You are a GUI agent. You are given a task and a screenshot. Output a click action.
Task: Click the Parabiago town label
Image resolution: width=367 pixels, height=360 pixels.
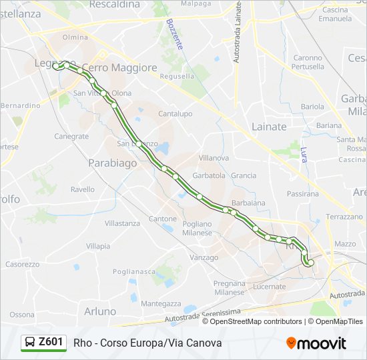pyautogui.click(x=112, y=163)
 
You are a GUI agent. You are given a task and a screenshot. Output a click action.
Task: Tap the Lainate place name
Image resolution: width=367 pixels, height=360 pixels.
pyautogui.click(x=269, y=126)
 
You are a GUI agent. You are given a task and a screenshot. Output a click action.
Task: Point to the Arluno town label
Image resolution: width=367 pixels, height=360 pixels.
pyautogui.click(x=100, y=311)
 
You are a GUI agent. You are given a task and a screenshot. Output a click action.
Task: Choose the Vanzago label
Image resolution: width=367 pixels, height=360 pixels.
pyautogui.click(x=204, y=257)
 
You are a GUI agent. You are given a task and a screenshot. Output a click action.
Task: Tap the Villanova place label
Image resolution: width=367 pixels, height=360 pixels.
pyautogui.click(x=214, y=158)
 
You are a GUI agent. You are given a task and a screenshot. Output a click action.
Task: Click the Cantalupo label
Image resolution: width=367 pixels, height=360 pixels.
pyautogui.click(x=175, y=114)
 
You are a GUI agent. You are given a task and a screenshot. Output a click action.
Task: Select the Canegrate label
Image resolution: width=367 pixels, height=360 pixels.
pyautogui.click(x=71, y=137)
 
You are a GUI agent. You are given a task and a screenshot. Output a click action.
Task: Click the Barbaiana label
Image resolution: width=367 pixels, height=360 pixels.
pyautogui.click(x=248, y=203)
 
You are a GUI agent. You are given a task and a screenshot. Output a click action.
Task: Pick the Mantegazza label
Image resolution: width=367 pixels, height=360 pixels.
pyautogui.click(x=161, y=303)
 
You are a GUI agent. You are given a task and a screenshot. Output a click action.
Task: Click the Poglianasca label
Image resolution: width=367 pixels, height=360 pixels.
pyautogui.click(x=133, y=271)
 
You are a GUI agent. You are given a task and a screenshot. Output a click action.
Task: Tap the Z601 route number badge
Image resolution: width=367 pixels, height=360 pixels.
pyautogui.click(x=51, y=342)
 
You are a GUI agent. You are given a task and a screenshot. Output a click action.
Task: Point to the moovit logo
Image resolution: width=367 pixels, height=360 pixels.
pyautogui.click(x=316, y=343)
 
